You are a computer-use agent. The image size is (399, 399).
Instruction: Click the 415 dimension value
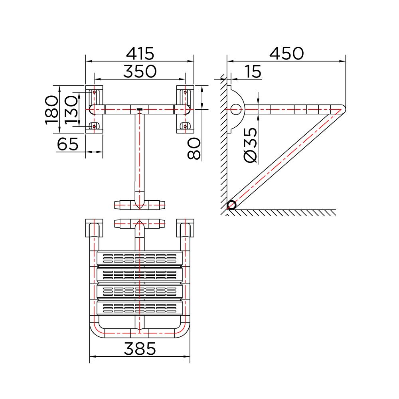[x=140, y=53]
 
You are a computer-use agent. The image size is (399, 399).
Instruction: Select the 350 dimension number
[x=140, y=71]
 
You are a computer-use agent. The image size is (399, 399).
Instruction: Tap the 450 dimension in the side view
[x=286, y=53]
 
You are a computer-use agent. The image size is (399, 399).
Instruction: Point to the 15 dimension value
[x=253, y=71]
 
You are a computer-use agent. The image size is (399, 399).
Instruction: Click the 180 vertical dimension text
[x=51, y=110]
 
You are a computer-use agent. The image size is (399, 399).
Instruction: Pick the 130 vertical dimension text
[x=71, y=110]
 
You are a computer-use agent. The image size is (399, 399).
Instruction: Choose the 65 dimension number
[x=68, y=144]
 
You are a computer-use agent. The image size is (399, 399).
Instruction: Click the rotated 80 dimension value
[x=194, y=148]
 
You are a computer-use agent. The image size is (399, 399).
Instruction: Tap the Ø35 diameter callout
[x=251, y=145]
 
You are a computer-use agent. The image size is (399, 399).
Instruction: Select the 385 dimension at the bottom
[x=140, y=348]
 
